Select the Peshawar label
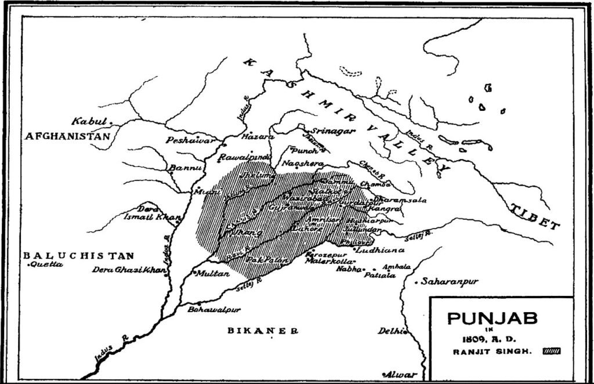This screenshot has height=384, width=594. tap(183, 140)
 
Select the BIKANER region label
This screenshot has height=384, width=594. tap(258, 331)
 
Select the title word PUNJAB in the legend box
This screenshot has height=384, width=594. tap(492, 319)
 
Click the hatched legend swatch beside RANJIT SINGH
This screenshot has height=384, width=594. tap(551, 351)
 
